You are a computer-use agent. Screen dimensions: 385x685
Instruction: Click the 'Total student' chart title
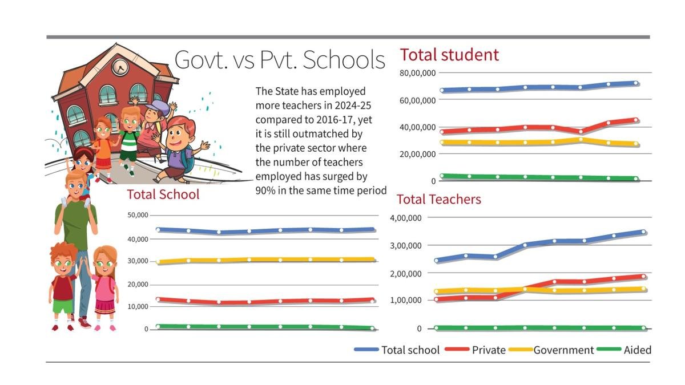point(449,55)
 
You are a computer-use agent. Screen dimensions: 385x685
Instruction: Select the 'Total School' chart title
point(163,194)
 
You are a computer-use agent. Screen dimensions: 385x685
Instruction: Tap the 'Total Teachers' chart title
point(438,199)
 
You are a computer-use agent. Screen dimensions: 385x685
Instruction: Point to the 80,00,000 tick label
point(417,73)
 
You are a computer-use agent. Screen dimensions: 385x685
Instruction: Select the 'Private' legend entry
point(488,350)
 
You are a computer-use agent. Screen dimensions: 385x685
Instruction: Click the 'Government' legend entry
point(563,350)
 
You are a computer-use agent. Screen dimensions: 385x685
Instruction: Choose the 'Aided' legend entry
point(637,350)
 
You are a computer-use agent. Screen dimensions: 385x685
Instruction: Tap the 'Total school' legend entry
point(410,350)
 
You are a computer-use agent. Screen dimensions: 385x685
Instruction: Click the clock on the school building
point(120,67)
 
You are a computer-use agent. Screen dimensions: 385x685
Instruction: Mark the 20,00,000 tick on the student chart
point(417,154)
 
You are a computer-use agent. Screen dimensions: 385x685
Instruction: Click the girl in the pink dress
point(104,288)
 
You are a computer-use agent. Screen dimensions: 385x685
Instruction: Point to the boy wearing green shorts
point(63,285)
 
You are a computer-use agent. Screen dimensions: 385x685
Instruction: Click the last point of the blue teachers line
point(643,232)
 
